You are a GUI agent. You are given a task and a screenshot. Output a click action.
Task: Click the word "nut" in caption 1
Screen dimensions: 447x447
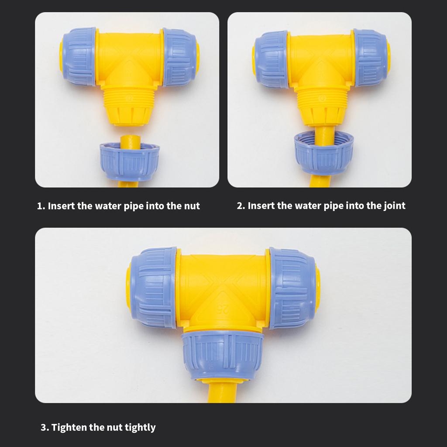tap(192, 206)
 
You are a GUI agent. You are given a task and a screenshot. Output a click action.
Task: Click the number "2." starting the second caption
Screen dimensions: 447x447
tap(241, 206)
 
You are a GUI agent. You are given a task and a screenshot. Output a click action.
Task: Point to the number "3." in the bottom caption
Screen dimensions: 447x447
tap(45, 428)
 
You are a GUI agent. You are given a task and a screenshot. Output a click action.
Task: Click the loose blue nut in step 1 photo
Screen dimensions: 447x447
tap(129, 162)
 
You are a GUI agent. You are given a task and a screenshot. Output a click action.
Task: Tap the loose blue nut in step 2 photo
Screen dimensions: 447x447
tap(324, 153)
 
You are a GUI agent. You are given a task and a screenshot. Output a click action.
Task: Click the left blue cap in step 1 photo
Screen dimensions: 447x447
tap(79, 56)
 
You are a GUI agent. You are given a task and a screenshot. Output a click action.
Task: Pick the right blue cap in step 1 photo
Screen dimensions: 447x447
tap(179, 57)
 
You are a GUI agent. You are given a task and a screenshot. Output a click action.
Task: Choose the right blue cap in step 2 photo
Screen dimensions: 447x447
tap(371, 57)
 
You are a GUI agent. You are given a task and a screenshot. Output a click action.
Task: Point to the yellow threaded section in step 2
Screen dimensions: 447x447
tap(323, 99)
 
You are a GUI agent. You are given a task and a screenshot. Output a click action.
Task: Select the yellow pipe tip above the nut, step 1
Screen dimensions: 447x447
tap(130, 142)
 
